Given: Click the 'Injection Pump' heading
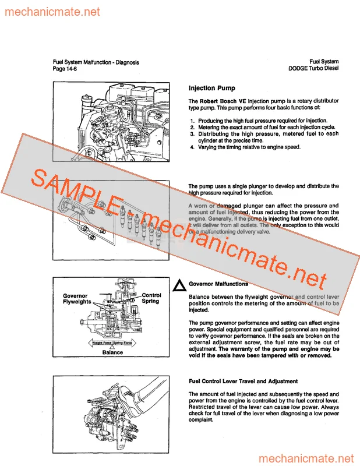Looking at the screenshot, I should click(x=212, y=89).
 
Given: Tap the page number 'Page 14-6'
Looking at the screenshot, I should click(x=65, y=69).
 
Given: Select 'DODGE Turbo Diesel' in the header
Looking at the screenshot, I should click(x=313, y=68).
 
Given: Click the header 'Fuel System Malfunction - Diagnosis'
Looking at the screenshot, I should click(x=96, y=62).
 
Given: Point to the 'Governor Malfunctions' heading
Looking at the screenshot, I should click(x=218, y=284).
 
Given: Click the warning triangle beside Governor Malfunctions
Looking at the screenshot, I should click(x=180, y=285).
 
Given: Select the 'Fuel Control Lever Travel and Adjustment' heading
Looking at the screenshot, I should click(x=243, y=382).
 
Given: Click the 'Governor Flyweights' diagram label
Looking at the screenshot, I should click(x=77, y=299).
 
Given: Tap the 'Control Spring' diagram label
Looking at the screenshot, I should click(x=151, y=298).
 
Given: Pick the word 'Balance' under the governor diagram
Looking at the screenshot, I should click(x=113, y=352).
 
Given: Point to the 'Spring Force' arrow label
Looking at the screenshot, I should click(x=126, y=344).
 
